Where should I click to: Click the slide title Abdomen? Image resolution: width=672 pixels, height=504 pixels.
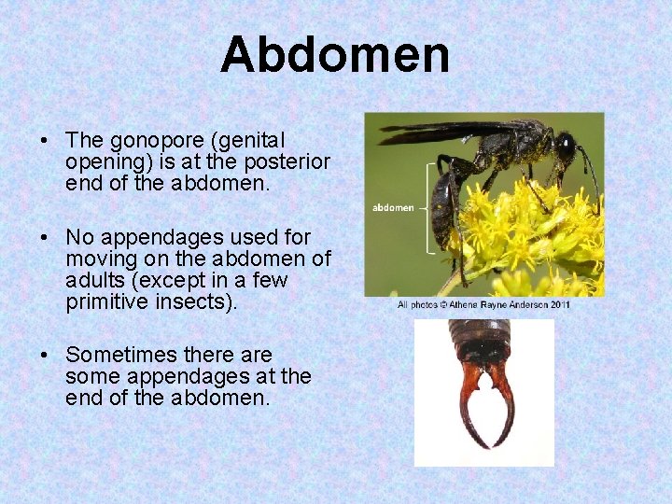(x=335, y=55)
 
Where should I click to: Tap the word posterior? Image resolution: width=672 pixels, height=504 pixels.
(x=288, y=162)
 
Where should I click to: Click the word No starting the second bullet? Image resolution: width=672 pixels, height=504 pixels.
(x=79, y=238)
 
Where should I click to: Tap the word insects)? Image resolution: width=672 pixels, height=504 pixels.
(x=208, y=302)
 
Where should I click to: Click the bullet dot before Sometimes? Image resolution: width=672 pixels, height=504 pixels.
(x=45, y=356)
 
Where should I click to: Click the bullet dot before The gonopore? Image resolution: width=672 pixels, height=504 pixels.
(x=45, y=142)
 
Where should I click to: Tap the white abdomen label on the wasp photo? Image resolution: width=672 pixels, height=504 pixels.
(x=392, y=207)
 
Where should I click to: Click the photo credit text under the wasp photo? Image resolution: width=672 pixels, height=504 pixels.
(x=483, y=304)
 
